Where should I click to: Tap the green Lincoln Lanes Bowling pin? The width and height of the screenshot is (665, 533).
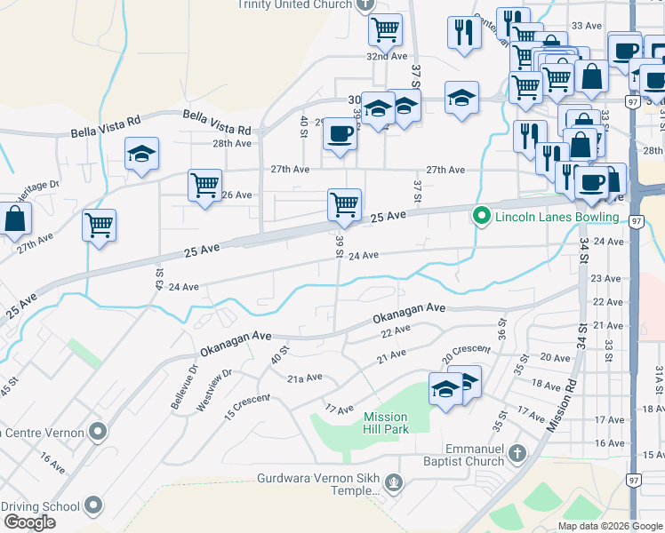[x=482, y=216]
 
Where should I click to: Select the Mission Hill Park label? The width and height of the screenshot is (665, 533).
[x=386, y=423]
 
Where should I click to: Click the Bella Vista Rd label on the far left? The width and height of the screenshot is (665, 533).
[x=106, y=126]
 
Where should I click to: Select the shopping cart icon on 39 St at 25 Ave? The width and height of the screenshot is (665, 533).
[x=344, y=204]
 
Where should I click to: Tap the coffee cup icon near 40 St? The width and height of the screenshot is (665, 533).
[x=339, y=134]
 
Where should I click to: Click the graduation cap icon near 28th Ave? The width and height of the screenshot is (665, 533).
[x=142, y=153]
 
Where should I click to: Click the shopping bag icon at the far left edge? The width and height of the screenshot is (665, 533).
[x=15, y=219]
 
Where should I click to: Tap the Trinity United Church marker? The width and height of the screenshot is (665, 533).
[x=365, y=4]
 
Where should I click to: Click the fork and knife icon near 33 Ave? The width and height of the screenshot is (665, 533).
[x=461, y=33]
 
